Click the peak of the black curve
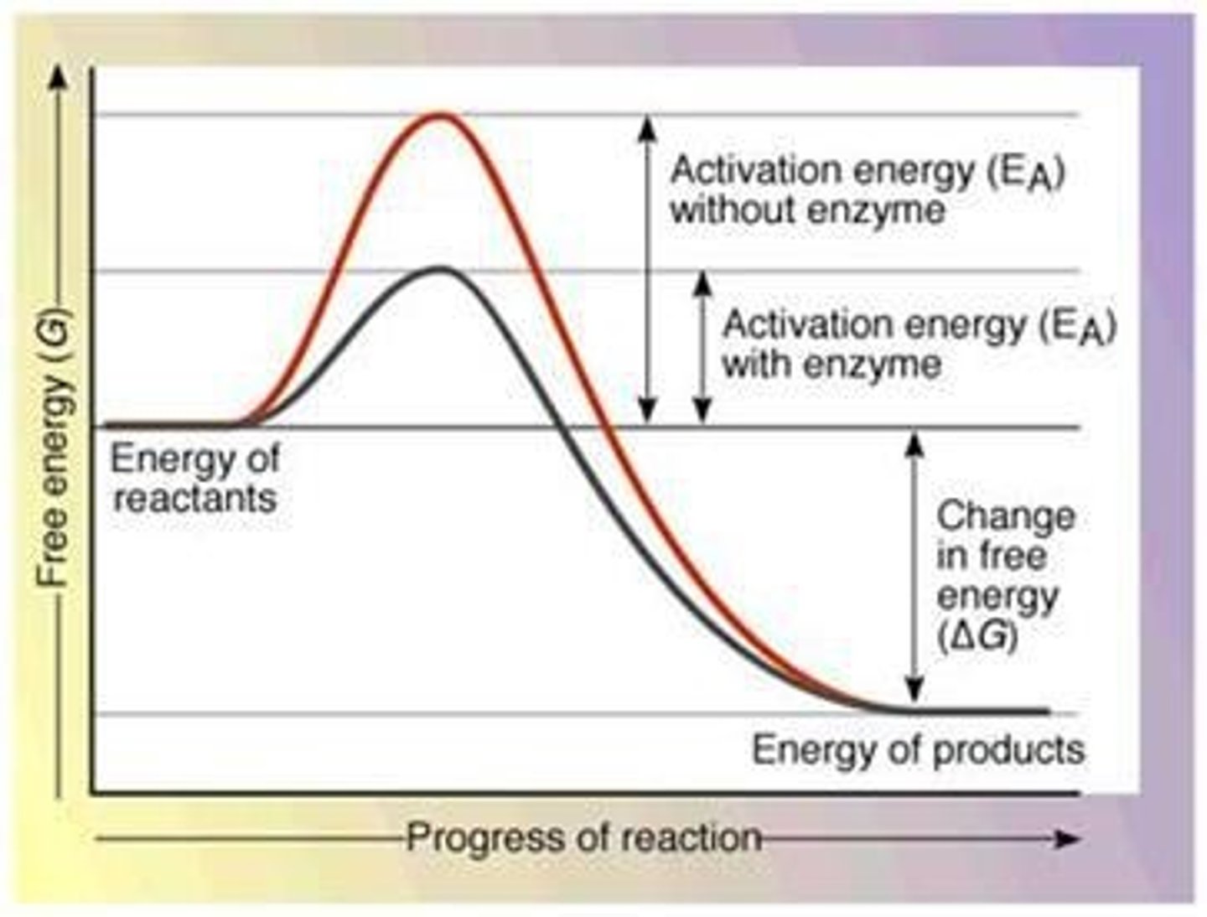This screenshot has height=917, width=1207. (x=439, y=268)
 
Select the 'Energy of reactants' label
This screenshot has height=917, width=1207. (x=194, y=479)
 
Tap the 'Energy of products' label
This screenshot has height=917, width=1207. (x=918, y=749)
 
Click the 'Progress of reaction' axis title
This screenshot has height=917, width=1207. (x=583, y=837)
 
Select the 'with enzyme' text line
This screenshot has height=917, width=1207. (x=831, y=365)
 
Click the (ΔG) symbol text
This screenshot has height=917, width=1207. (x=977, y=636)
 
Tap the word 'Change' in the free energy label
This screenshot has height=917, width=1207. (x=1006, y=515)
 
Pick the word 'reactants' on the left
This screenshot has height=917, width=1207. (x=194, y=498)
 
